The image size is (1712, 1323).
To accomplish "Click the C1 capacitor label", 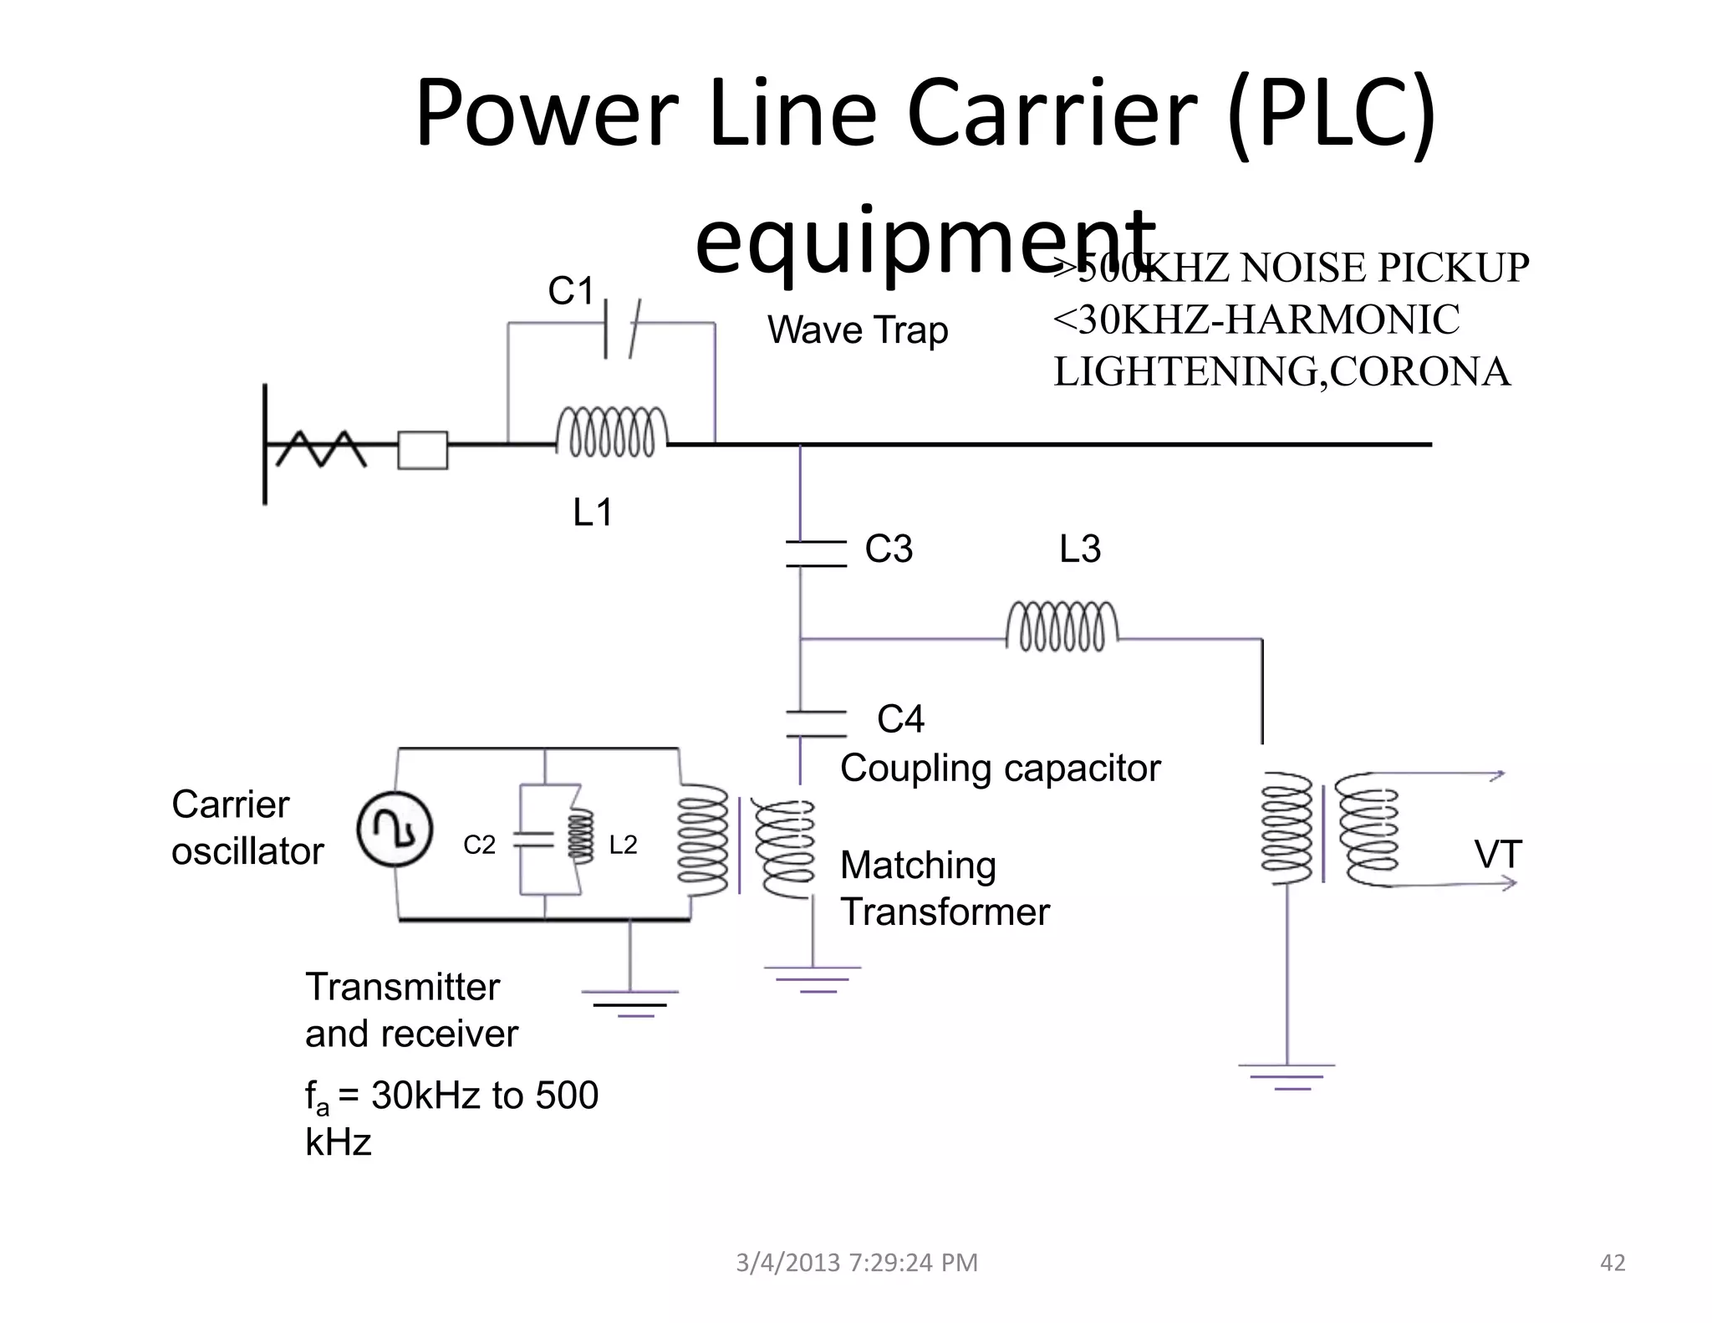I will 571,292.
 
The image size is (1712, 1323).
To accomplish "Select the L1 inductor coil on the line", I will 612,432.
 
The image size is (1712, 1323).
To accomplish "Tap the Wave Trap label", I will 858,330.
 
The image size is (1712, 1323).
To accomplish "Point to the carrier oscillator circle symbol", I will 395,829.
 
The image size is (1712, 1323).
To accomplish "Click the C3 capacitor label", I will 889,549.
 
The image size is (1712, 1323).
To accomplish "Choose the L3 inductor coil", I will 1062,626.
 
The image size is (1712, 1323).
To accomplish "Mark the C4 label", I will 900,719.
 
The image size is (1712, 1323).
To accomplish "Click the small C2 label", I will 479,845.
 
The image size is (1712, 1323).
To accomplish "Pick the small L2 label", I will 623,845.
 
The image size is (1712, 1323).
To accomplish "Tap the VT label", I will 1498,856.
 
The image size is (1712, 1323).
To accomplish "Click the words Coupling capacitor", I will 1000,769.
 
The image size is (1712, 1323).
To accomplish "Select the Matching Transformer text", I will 944,889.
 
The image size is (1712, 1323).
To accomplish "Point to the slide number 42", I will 1612,1262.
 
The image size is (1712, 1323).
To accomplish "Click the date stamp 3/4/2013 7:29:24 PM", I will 856,1262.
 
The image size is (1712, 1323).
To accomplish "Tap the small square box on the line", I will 422,450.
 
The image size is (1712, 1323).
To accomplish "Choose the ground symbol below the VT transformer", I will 1287,1076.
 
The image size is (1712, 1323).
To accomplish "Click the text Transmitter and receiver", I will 411,1010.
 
